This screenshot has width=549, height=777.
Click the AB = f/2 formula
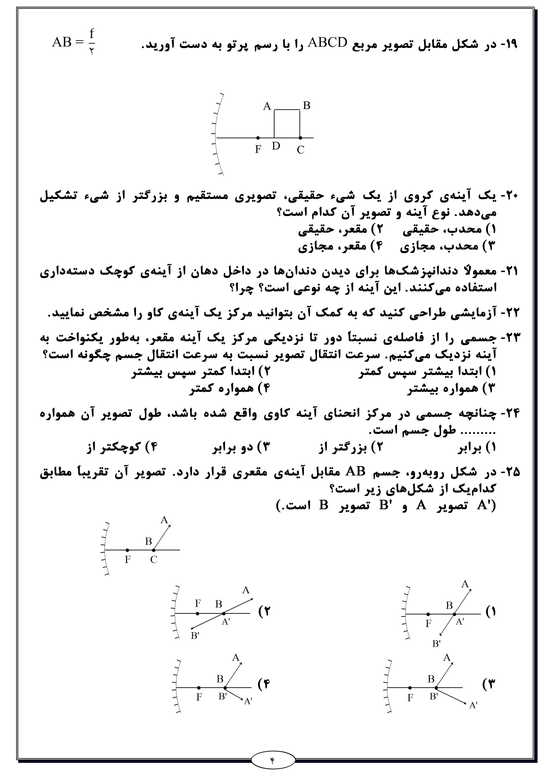click(74, 42)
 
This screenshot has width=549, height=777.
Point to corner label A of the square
click(267, 106)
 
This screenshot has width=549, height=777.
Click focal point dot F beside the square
click(258, 138)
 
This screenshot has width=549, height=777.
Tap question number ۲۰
click(509, 196)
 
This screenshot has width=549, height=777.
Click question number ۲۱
click(509, 271)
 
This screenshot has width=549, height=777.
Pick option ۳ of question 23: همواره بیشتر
click(450, 388)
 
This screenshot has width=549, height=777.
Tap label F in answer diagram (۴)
click(199, 697)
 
